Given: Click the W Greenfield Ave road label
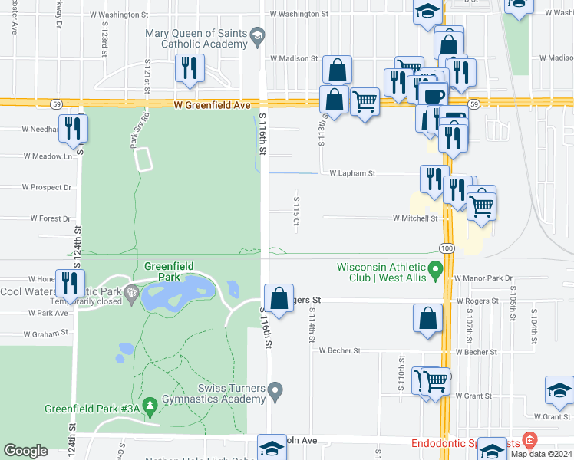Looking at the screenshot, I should [213, 104].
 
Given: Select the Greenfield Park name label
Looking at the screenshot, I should [169, 271].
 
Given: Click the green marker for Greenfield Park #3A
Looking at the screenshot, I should [150, 403].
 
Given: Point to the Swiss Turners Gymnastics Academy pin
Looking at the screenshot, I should [276, 392].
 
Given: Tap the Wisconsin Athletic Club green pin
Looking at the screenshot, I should [436, 268].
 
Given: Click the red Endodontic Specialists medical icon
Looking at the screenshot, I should [529, 441].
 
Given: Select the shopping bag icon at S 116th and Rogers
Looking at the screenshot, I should [279, 297].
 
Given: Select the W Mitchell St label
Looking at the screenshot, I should [415, 219].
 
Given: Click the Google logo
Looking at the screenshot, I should [25, 451].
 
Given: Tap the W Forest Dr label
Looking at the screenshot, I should [51, 219].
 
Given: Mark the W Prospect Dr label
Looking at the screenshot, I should [47, 187].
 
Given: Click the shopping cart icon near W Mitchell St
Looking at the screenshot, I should [481, 205].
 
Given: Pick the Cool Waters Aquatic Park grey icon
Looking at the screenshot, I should [131, 291].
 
